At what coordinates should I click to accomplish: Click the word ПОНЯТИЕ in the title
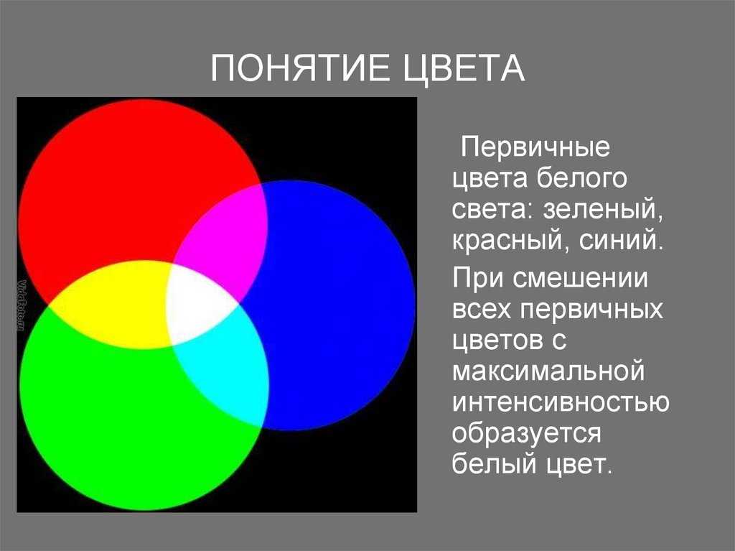pyautogui.click(x=300, y=68)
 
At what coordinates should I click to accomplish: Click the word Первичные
pyautogui.click(x=535, y=147)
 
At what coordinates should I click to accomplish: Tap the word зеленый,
pyautogui.click(x=603, y=210)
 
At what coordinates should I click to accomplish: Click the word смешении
pyautogui.click(x=580, y=278)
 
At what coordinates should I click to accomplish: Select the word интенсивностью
pyautogui.click(x=561, y=402)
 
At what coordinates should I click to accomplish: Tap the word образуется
pyautogui.click(x=526, y=435)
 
